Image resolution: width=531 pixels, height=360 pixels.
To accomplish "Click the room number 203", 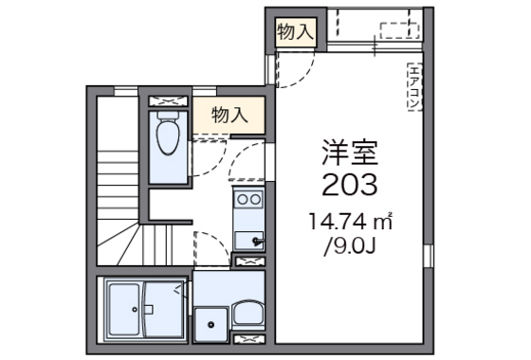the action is tap(349, 185).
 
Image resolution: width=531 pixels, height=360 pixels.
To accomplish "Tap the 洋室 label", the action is tap(350, 153).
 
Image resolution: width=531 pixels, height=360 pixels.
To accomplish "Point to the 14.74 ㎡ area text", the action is tap(351, 222).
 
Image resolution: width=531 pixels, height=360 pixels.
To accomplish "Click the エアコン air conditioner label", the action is tap(414, 87).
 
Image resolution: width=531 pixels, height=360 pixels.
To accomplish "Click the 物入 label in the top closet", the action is tap(295, 32).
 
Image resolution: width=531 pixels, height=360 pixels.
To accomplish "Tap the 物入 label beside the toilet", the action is tap(229, 115).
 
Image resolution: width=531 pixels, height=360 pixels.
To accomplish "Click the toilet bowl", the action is tap(168, 137).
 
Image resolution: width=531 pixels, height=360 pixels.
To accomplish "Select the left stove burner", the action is tap(243, 200).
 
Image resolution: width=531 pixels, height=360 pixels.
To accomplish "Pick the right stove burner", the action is tap(256, 200).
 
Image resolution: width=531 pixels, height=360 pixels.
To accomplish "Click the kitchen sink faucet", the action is tap(257, 241).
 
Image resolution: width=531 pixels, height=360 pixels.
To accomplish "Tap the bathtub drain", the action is tap(135, 309).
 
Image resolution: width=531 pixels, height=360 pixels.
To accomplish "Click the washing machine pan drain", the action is tap(211, 324).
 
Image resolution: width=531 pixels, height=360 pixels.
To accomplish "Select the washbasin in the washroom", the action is tap(248, 313).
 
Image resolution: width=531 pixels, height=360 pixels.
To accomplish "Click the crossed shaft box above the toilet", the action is tap(169, 101).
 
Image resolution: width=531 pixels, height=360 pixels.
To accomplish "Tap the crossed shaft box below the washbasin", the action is tap(249, 339).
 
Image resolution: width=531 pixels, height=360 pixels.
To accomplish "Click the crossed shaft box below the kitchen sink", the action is tap(249, 261).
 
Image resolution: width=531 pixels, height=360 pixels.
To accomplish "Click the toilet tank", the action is tap(168, 115).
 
